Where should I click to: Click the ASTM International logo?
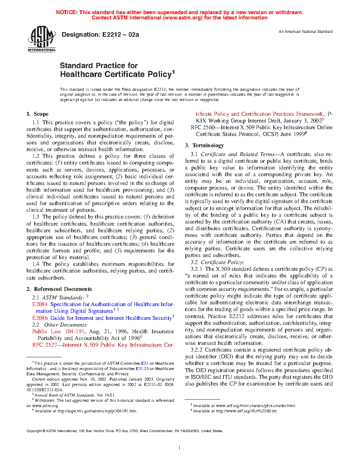coord(42,39)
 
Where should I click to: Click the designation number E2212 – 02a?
coord(120,35)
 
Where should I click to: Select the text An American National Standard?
coord(306,32)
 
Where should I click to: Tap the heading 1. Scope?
coord(37,114)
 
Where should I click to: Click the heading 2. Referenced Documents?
coord(59,289)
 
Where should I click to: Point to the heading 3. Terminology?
coord(204,145)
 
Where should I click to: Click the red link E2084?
coord(40,304)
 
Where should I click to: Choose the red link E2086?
coord(40,318)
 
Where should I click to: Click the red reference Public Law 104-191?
coord(59,331)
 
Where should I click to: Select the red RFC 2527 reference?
coord(44,345)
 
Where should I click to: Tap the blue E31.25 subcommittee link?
coord(142,369)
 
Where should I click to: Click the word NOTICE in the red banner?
coord(67,12)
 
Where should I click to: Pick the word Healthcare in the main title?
coord(82,74)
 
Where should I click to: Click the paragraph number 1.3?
coord(36,217)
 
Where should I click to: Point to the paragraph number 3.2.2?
coord(197,350)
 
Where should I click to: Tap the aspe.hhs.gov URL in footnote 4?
coord(97,411)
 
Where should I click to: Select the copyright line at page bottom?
coord(125,431)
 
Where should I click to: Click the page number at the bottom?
coord(180,448)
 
